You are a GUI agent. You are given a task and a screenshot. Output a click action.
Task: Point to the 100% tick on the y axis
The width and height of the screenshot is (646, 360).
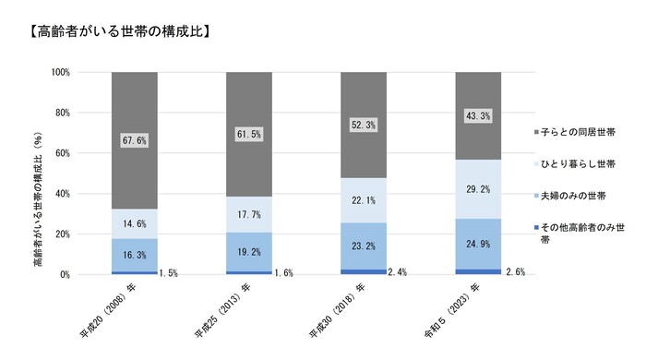point(61,72)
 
